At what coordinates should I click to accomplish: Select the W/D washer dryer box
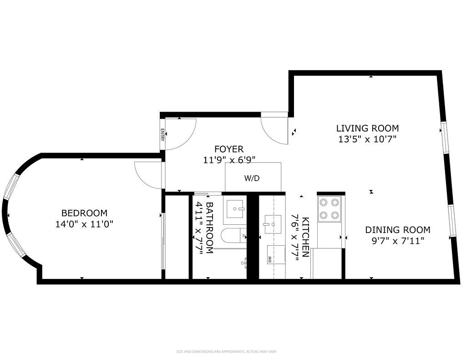point(253,178)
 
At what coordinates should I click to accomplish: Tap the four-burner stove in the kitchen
point(329,208)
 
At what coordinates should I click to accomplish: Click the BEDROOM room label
point(84,213)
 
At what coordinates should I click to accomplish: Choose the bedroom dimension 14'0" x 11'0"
point(84,224)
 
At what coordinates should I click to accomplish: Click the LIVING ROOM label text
point(367,128)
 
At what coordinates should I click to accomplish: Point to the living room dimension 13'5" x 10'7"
point(367,139)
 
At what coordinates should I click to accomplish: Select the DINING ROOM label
point(397,230)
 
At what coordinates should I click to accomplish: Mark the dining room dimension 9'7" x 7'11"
point(397,241)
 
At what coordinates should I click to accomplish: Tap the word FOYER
point(229,149)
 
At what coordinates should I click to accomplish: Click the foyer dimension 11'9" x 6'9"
point(229,160)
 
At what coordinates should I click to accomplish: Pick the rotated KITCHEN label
point(305,237)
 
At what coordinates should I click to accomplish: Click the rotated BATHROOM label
point(209,228)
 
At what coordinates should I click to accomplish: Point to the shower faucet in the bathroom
point(244,262)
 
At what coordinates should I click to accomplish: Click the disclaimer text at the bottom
point(226,351)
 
